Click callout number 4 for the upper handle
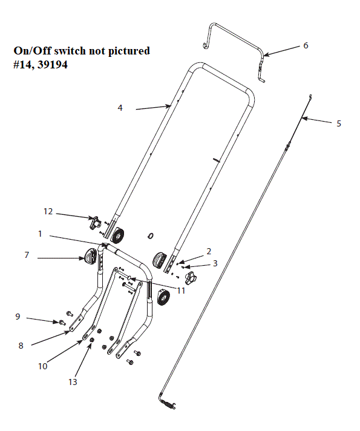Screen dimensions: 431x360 tap(120, 108)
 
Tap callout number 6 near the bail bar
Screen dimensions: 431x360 tap(306, 46)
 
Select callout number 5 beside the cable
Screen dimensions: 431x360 tap(338, 123)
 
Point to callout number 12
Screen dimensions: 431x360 tap(48, 211)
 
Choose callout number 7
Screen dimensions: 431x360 tap(27, 255)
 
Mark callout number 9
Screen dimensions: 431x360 tap(18, 316)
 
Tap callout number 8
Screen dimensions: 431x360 tap(21, 345)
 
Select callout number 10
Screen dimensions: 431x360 tap(43, 366)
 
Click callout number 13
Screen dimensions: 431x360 tap(73, 382)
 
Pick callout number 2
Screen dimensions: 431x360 tap(209, 251)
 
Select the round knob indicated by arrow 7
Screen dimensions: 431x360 tap(91, 258)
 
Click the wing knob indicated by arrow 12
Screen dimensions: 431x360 tap(94, 222)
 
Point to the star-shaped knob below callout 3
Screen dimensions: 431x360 tap(192, 279)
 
